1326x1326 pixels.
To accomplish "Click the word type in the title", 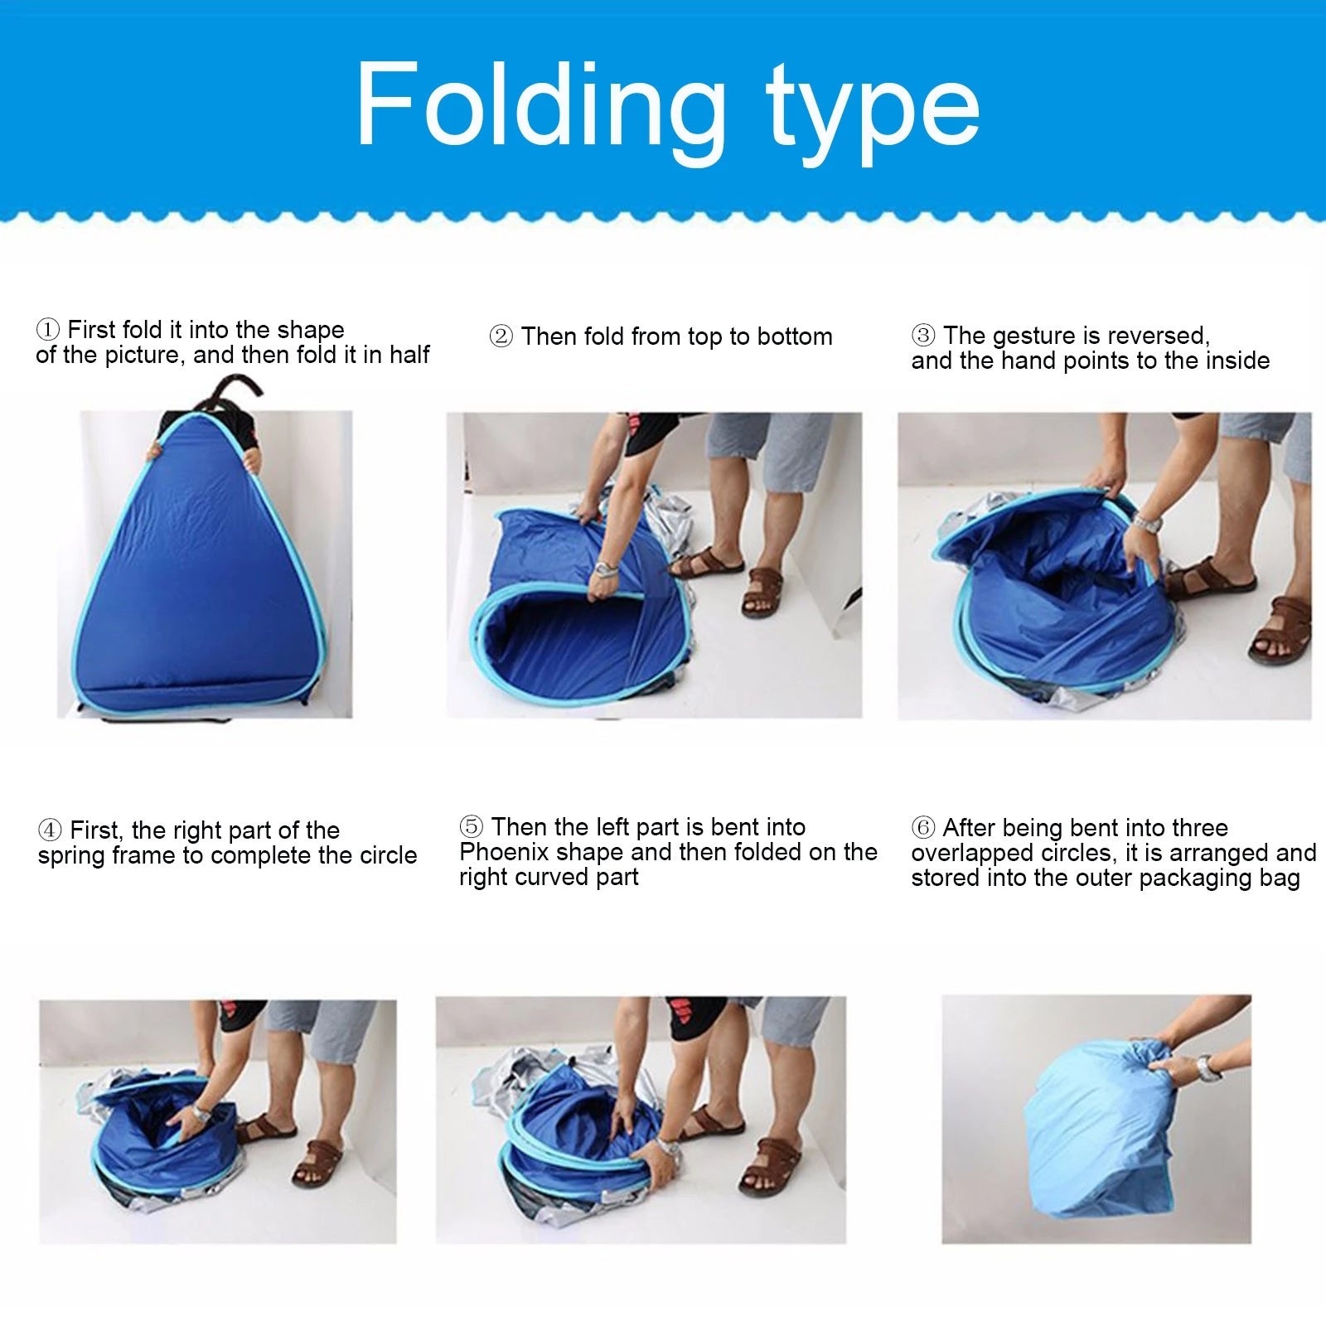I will coord(874,112).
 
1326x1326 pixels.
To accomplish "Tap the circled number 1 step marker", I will coord(48,330).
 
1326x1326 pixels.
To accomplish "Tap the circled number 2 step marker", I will coord(501,337).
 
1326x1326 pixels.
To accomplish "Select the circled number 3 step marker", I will coord(923,336).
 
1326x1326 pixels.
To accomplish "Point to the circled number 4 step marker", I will coord(50,830).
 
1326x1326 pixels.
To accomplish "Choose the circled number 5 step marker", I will coord(471,827).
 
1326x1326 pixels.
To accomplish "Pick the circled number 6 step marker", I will coord(923,828).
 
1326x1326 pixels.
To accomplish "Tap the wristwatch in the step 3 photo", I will coord(1146,523).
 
